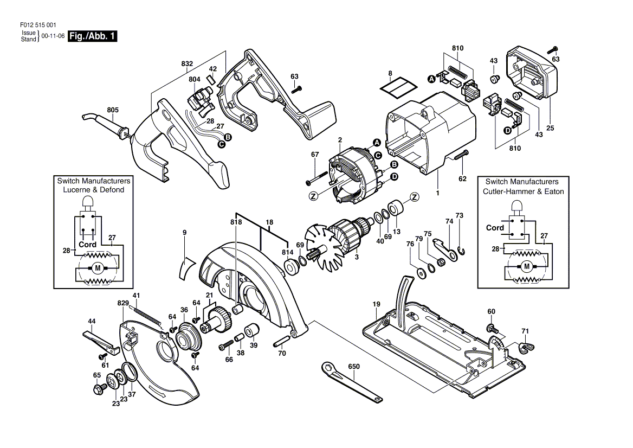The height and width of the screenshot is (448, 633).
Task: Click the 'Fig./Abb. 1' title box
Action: click(x=93, y=36)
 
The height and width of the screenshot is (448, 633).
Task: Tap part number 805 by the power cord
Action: click(x=113, y=110)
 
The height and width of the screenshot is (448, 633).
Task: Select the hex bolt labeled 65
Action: click(x=99, y=389)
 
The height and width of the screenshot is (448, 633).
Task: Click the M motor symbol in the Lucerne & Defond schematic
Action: click(x=97, y=267)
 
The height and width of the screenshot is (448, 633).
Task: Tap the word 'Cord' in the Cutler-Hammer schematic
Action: click(x=495, y=228)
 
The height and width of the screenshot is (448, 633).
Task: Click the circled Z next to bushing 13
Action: click(x=414, y=197)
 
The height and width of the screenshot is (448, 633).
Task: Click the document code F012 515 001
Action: click(x=38, y=25)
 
